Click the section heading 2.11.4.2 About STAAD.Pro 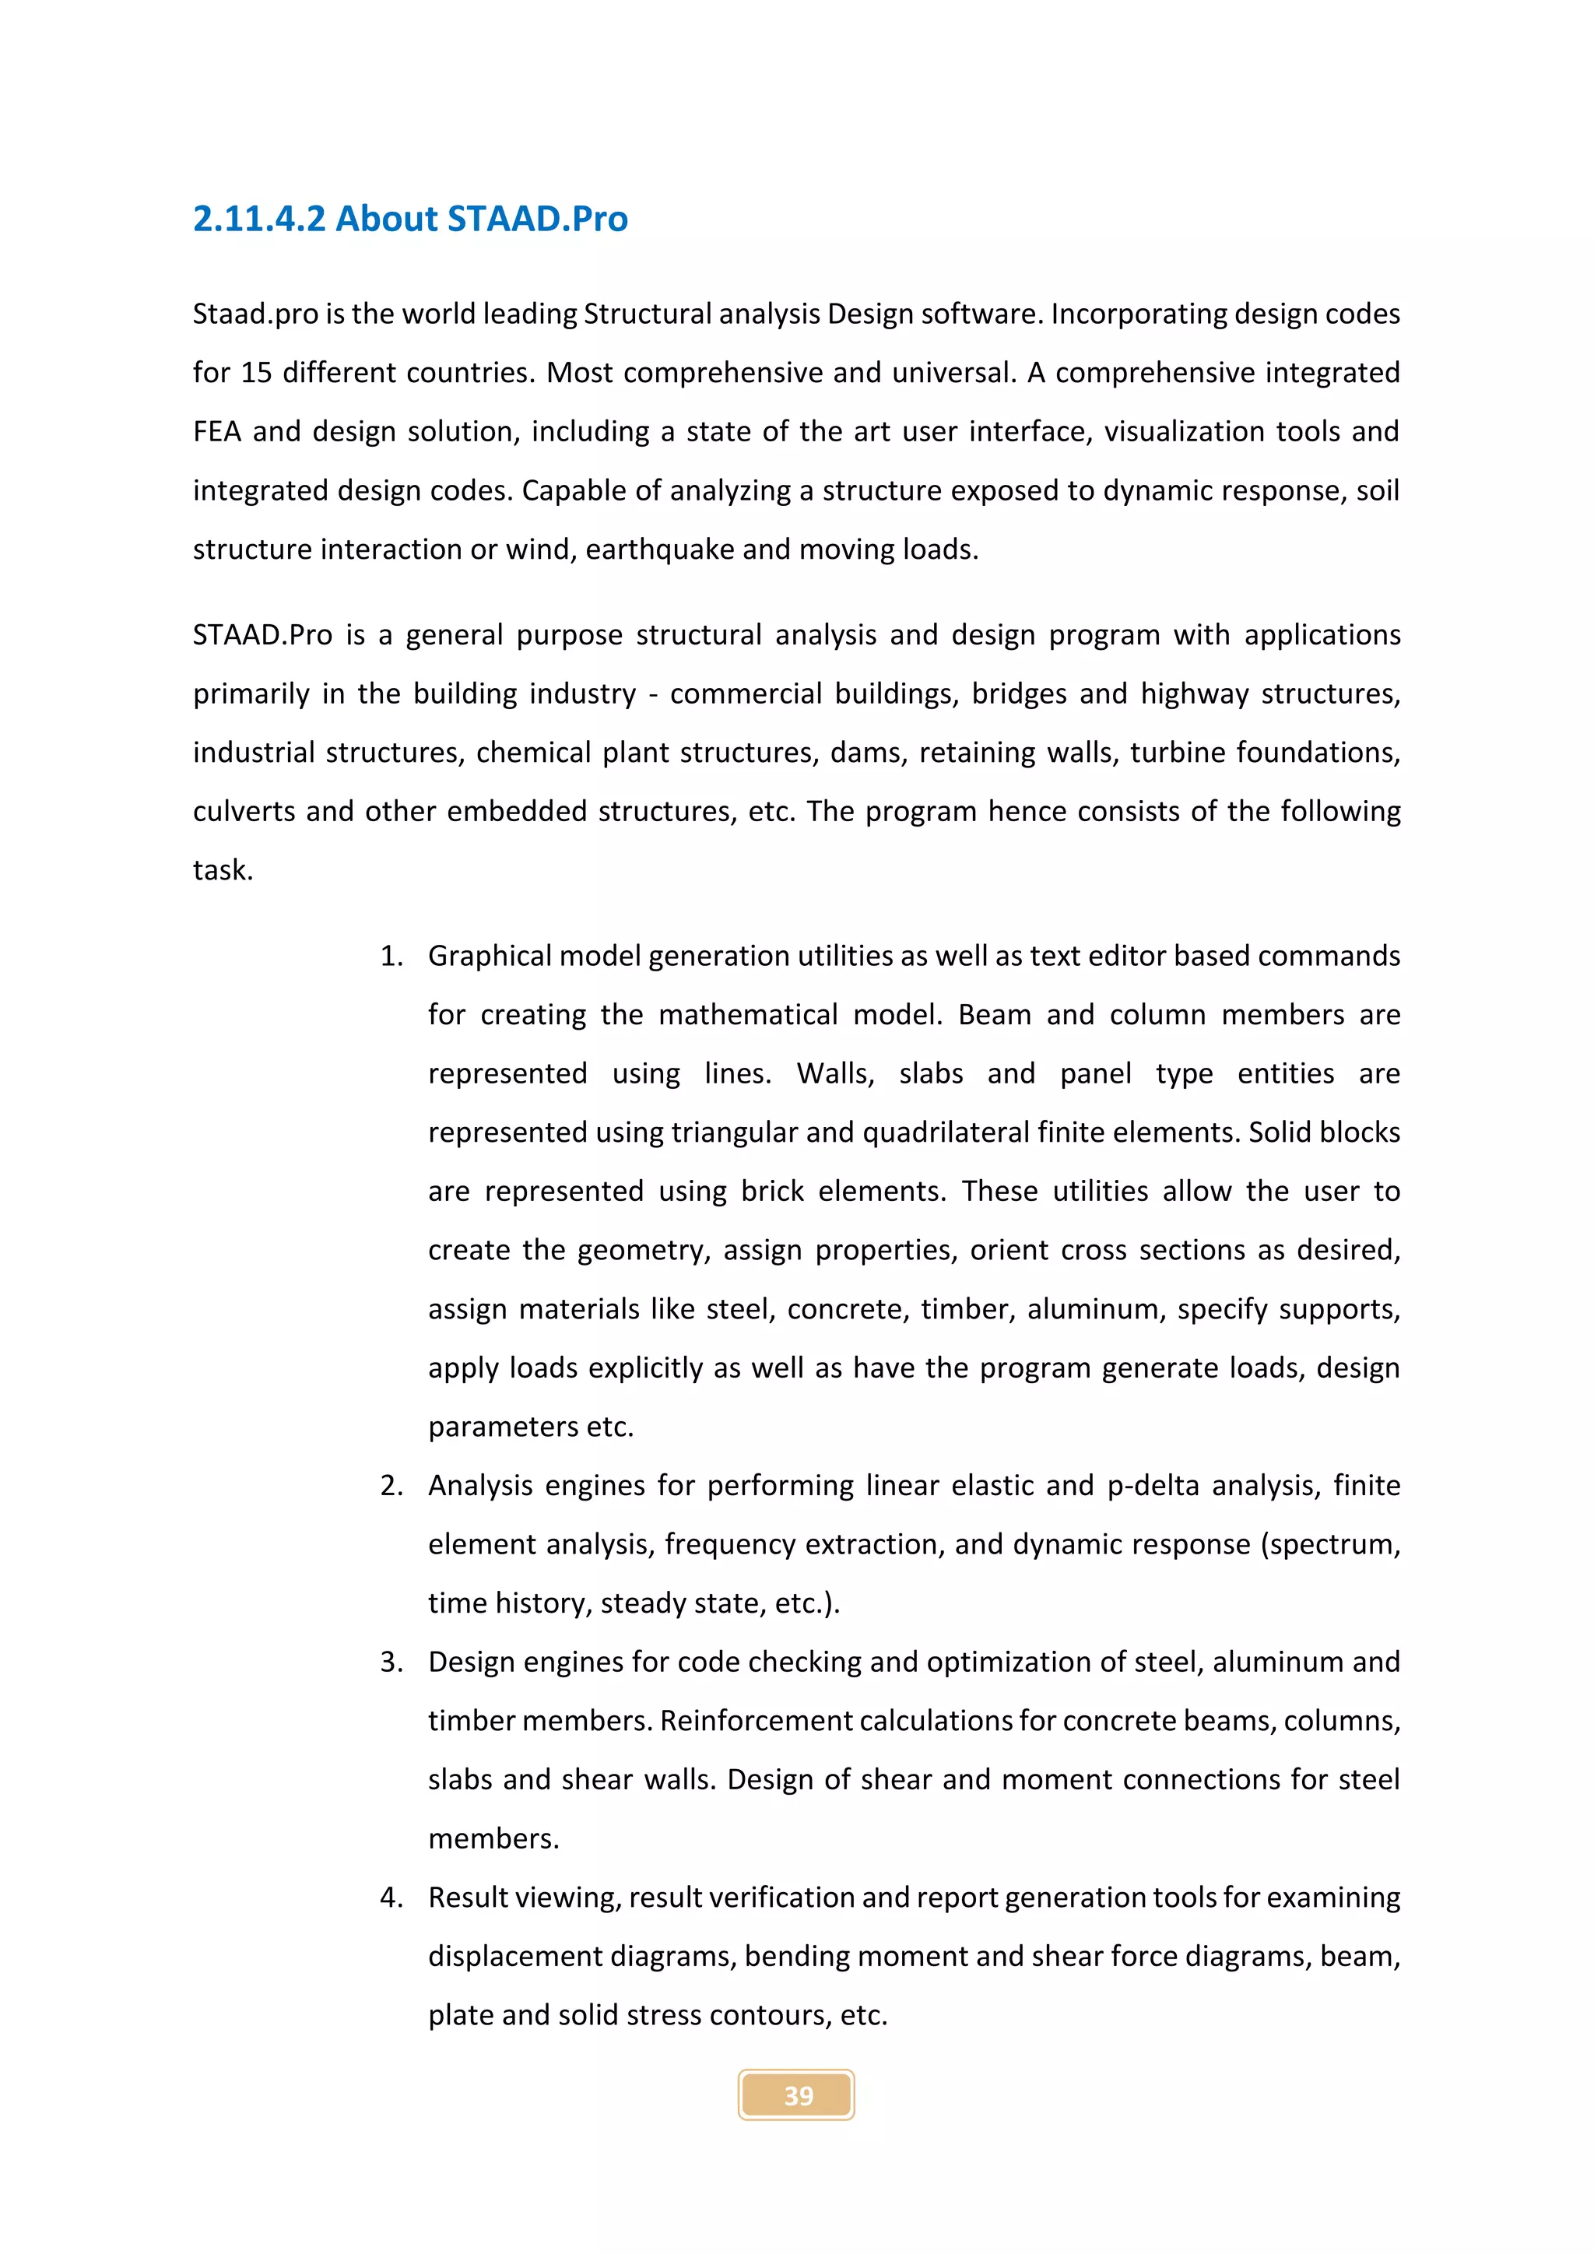(x=410, y=219)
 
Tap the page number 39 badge (x=797, y=2095)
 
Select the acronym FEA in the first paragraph (x=217, y=432)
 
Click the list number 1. (x=391, y=957)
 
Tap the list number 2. (x=391, y=1485)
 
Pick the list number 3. (x=391, y=1662)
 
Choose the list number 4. (x=391, y=1898)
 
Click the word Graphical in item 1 (x=488, y=957)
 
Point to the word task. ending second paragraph (x=223, y=871)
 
